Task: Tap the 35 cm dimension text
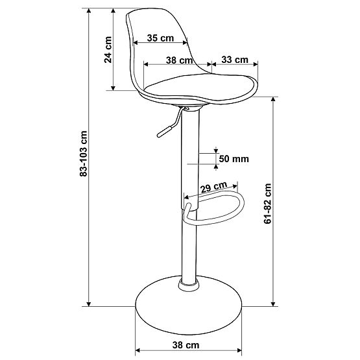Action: (159, 38)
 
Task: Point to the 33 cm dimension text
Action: (235, 60)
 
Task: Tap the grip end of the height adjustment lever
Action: (160, 133)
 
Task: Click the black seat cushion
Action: (195, 85)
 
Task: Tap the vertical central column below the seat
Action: (189, 195)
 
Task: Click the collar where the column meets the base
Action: (189, 284)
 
